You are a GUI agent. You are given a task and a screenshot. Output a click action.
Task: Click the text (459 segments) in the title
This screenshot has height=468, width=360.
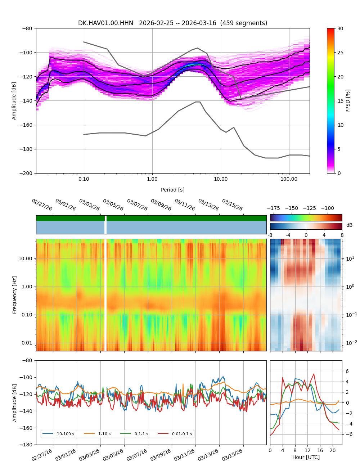(244, 23)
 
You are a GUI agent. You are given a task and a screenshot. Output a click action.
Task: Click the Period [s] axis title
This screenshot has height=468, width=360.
(172, 190)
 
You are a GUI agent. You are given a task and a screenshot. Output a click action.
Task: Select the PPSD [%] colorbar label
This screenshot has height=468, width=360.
(348, 101)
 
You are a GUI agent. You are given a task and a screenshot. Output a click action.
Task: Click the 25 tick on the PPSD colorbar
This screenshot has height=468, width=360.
(340, 53)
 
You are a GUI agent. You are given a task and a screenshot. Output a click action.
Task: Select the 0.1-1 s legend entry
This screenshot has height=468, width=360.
(141, 434)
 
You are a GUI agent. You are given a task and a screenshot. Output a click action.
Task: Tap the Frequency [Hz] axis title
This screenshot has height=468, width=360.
(15, 295)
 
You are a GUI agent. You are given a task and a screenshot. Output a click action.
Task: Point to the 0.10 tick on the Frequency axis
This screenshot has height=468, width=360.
(27, 315)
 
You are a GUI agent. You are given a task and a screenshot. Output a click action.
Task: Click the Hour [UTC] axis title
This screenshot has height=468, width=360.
(306, 457)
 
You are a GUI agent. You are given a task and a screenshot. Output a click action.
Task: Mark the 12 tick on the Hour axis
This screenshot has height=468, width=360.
(307, 450)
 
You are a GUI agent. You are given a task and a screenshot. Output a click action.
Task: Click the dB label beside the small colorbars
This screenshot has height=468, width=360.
(349, 225)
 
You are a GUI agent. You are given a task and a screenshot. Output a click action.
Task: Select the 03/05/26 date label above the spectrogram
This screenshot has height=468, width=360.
(113, 205)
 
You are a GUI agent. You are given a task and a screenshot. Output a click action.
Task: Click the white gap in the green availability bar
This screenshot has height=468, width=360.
(105, 218)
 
